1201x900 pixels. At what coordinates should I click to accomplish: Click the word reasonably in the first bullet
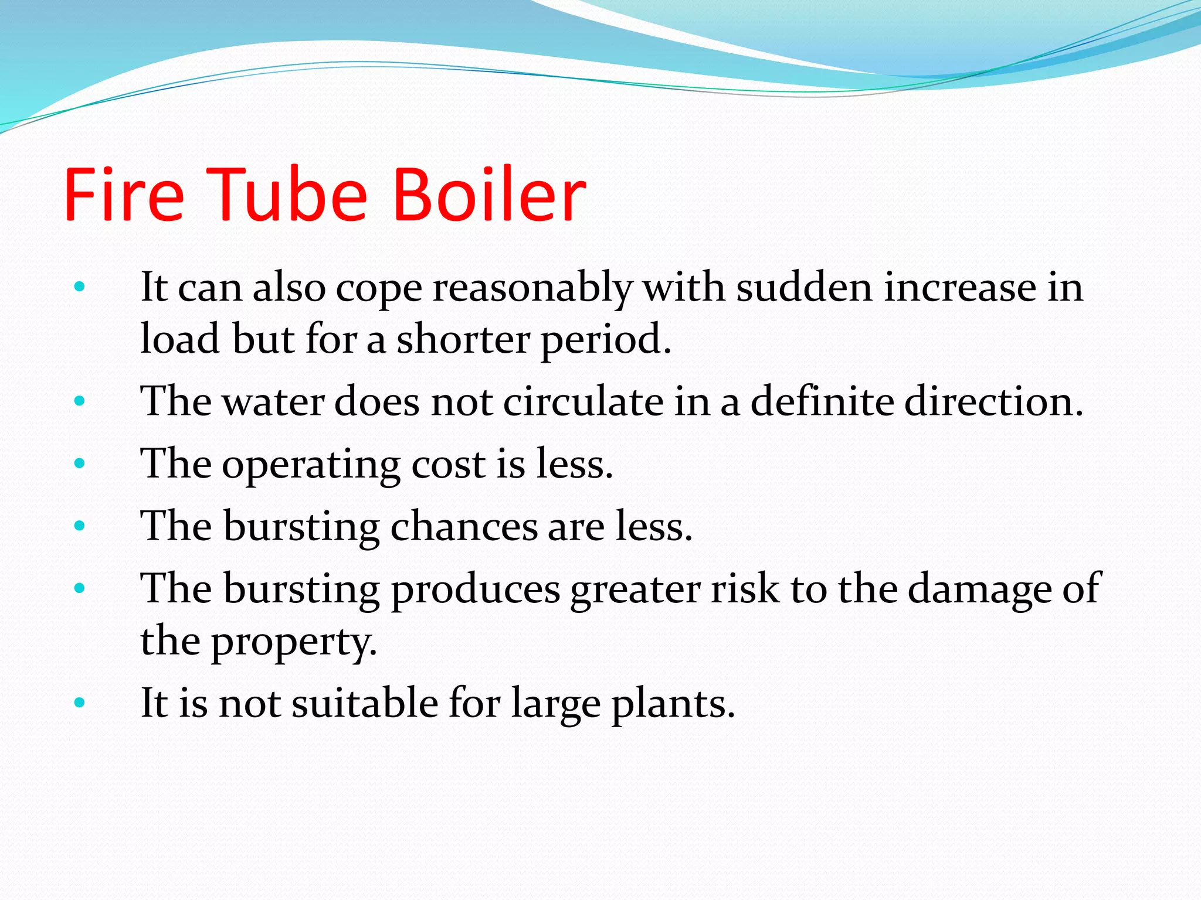click(x=532, y=289)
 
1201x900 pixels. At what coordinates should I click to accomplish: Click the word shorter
click(x=463, y=339)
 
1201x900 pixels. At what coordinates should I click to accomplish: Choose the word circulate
click(x=583, y=402)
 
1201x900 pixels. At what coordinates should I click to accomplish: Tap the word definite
click(x=822, y=402)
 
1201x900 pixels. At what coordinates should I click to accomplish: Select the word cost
click(x=449, y=465)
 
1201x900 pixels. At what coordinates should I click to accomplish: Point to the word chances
click(x=464, y=526)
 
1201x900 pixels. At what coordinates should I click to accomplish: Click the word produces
click(x=475, y=589)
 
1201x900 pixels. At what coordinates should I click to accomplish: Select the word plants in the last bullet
click(x=673, y=704)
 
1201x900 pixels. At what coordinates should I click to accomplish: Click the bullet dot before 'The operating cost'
click(x=80, y=464)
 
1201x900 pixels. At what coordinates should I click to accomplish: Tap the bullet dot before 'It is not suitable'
click(x=80, y=702)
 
